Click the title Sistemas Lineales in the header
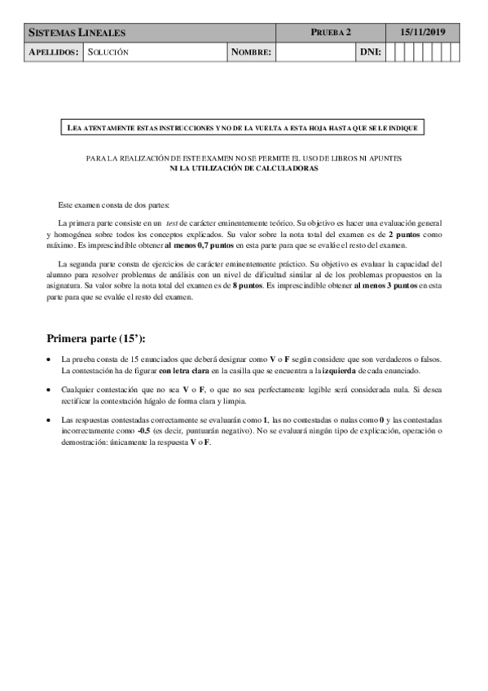(77, 33)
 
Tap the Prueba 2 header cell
(331, 33)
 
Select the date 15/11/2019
(424, 33)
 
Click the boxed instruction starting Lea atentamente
(244, 128)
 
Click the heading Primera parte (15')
(100, 337)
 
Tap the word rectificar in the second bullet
(79, 401)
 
